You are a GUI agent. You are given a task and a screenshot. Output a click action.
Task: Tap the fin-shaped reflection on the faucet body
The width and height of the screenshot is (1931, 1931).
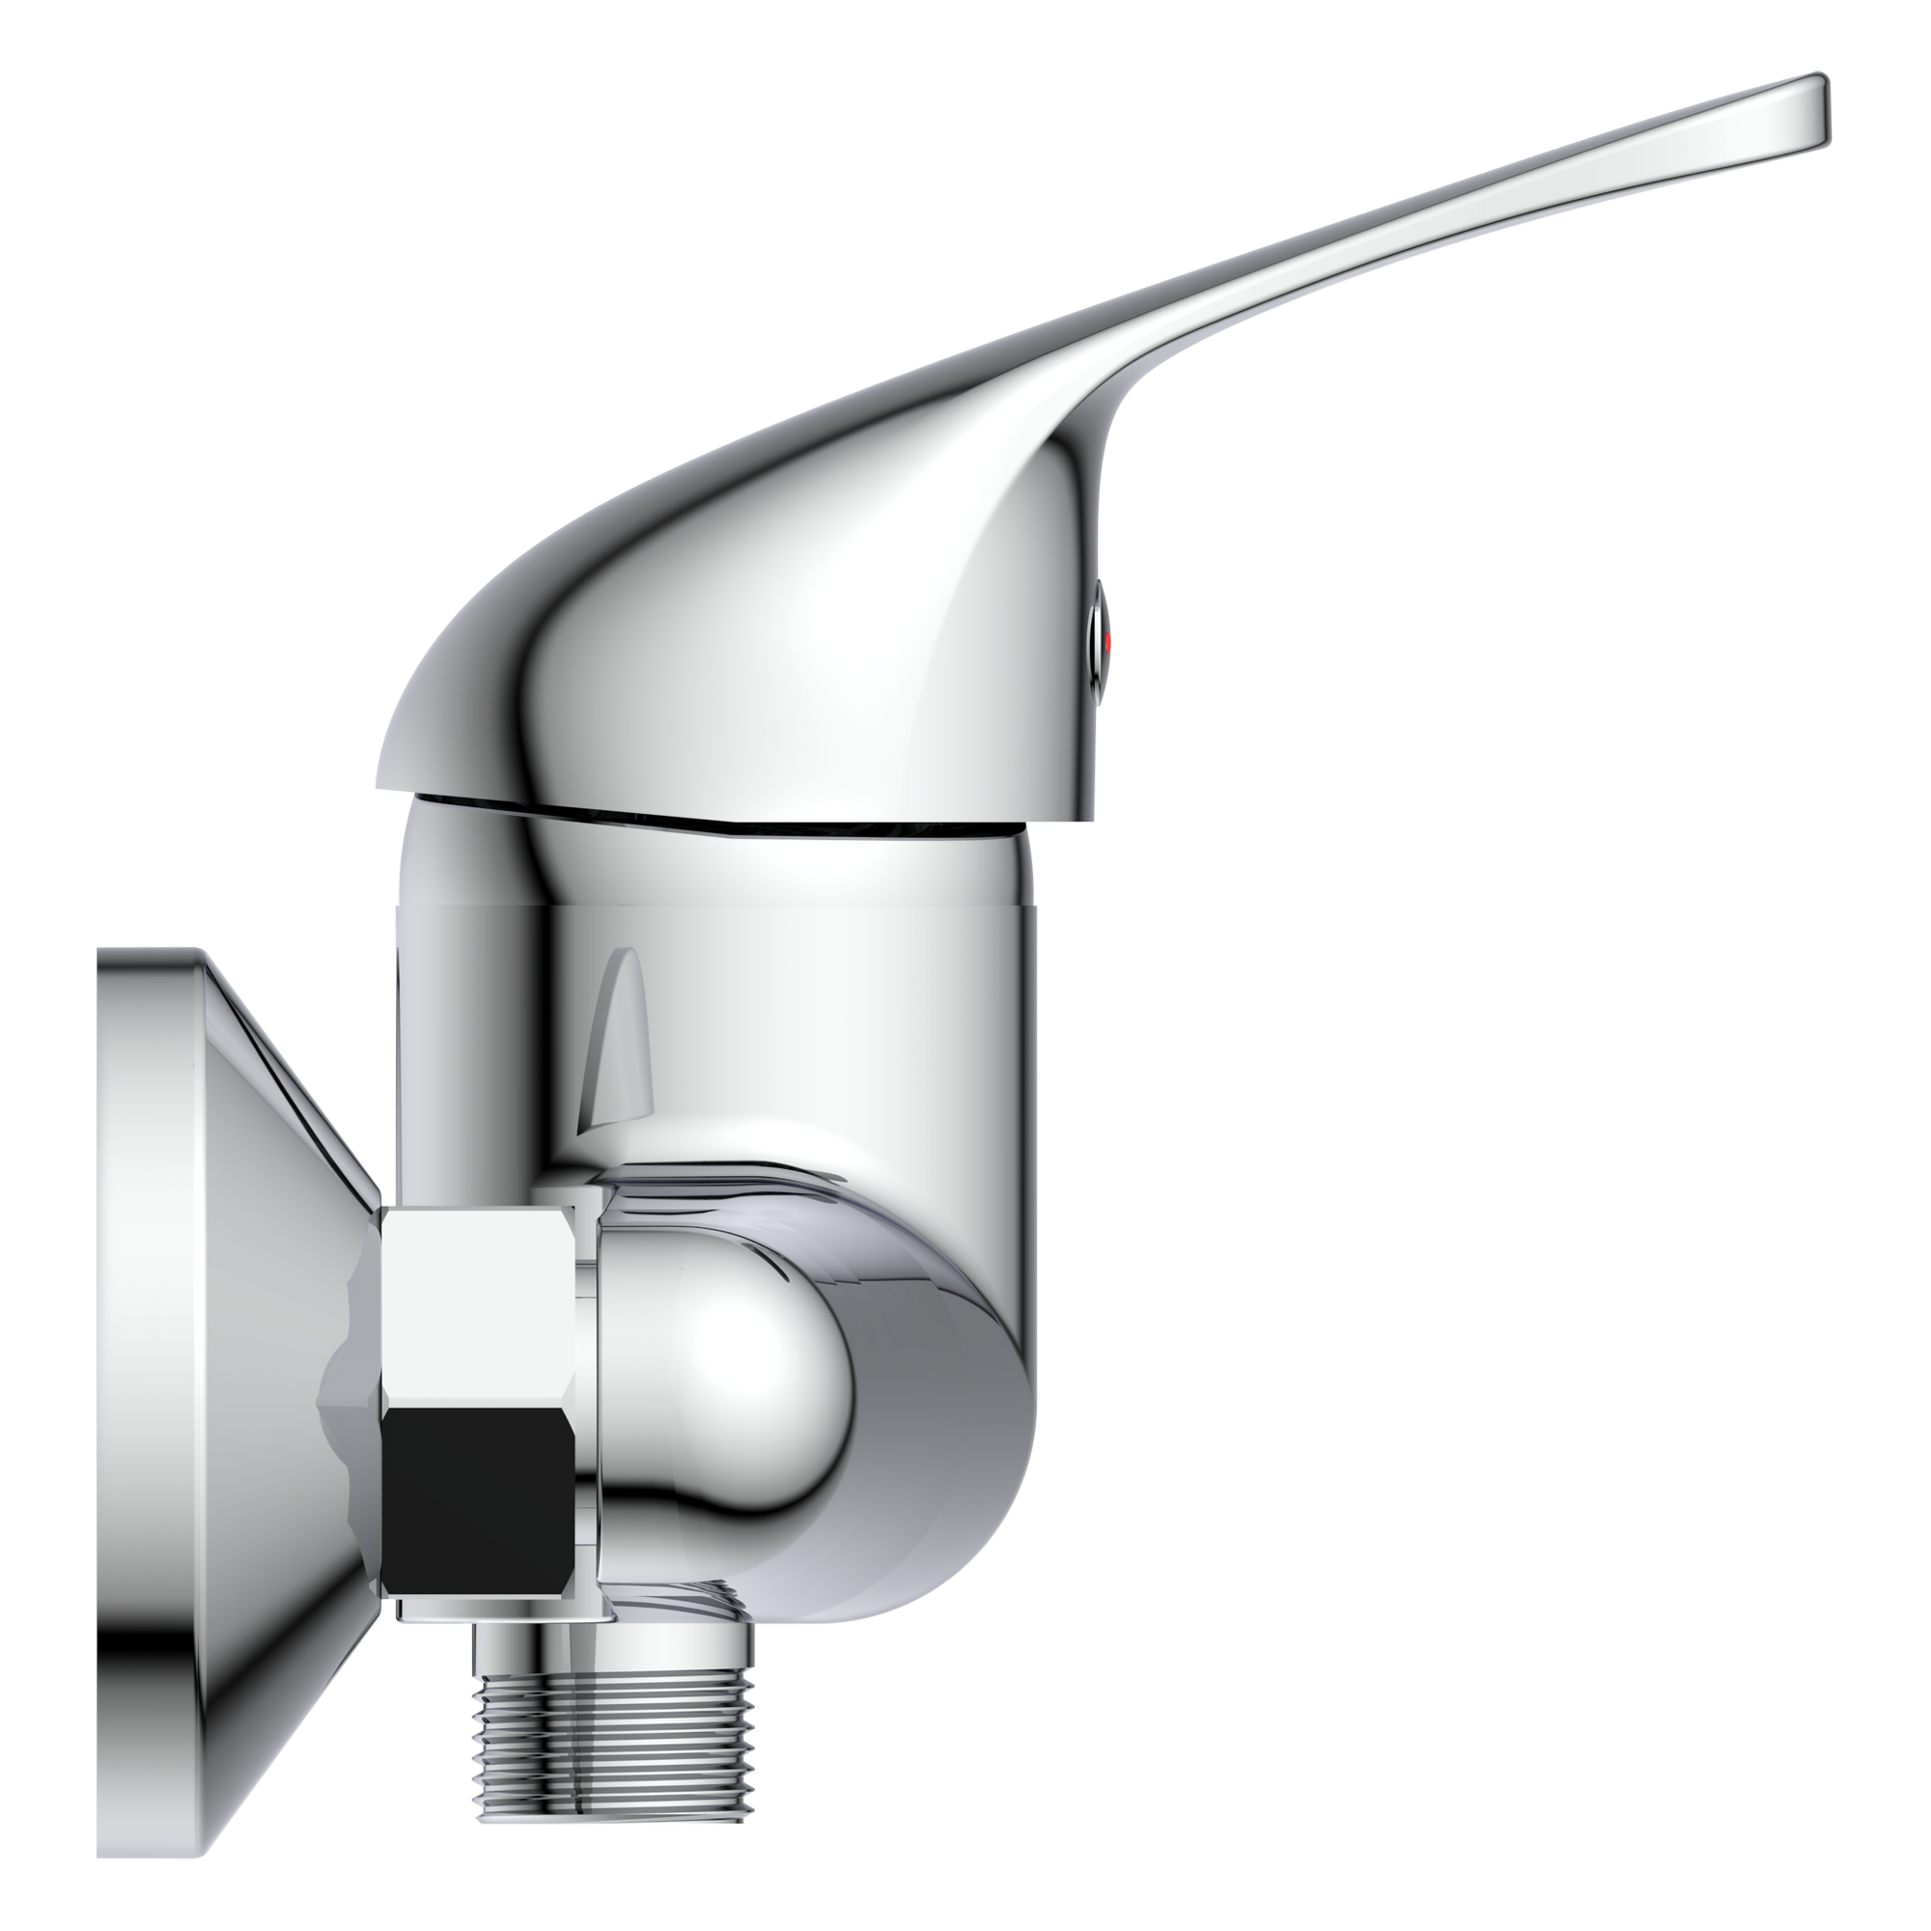620,1049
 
